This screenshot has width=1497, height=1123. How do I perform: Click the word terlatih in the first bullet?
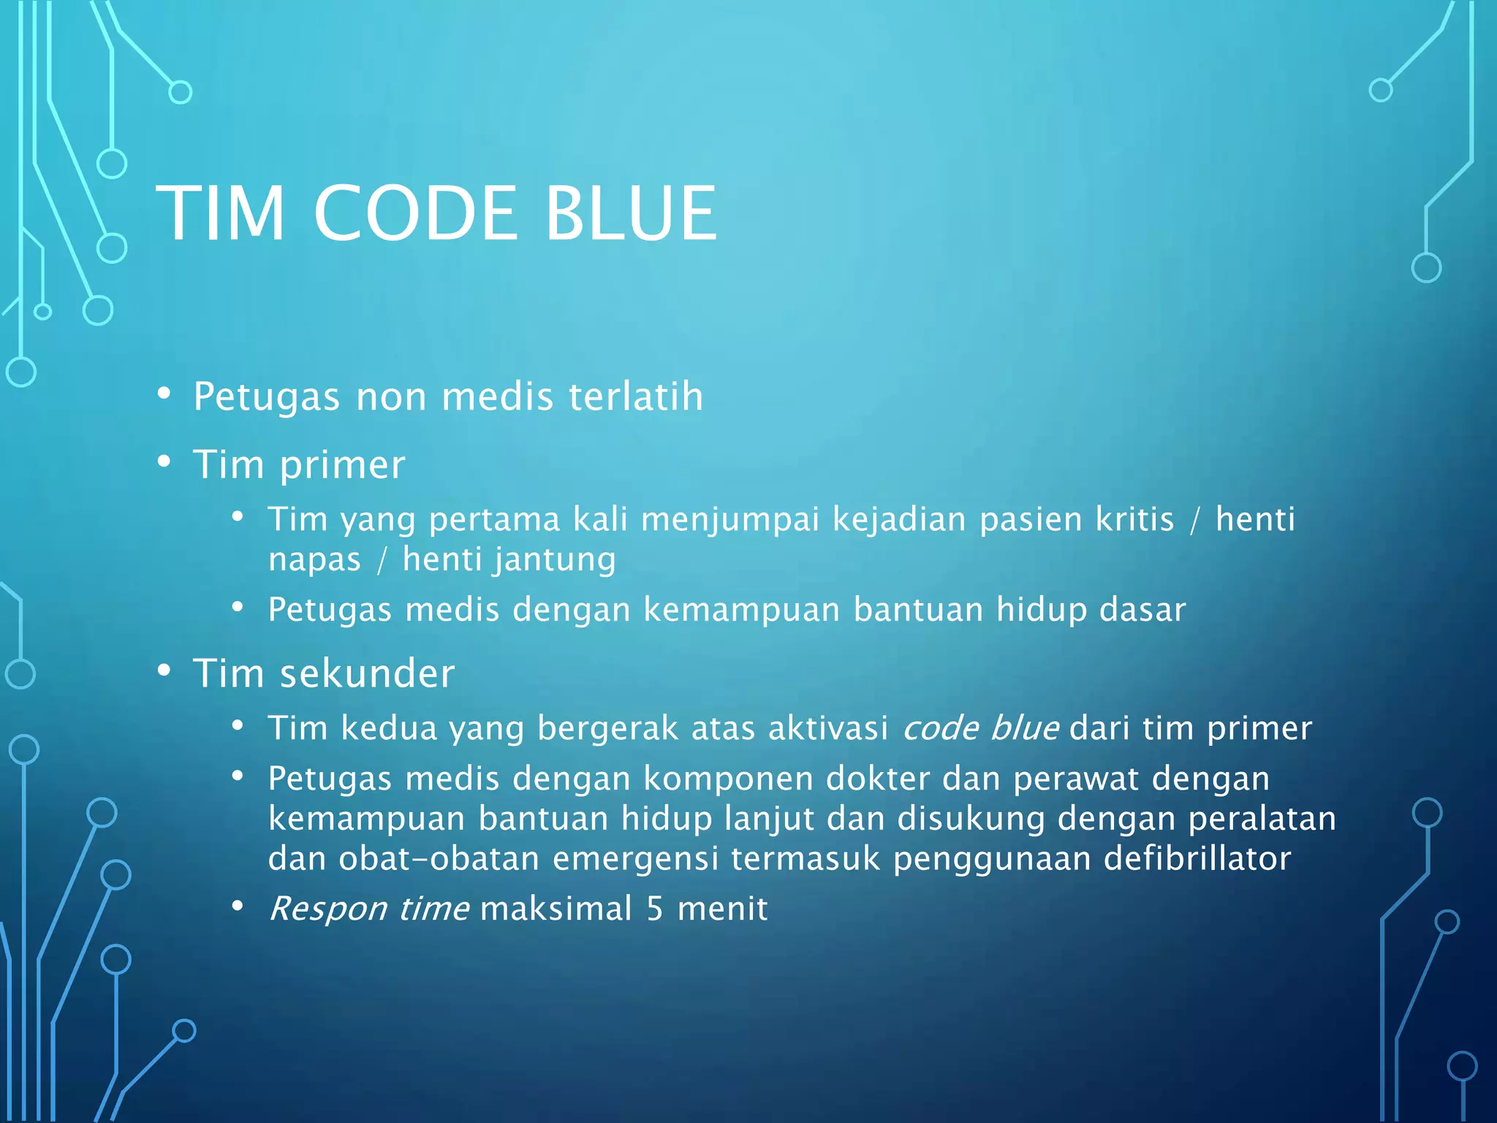(x=635, y=396)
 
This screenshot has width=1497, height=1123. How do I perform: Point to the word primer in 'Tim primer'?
(x=342, y=465)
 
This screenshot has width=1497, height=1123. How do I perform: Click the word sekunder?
(x=367, y=673)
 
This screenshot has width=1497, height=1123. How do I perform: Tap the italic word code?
(x=940, y=728)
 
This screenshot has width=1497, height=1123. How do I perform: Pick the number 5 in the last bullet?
(x=654, y=909)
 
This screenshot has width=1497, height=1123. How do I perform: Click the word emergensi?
(x=635, y=858)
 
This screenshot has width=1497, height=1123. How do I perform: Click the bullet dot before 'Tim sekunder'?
(x=164, y=670)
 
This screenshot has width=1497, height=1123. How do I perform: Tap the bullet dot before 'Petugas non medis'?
(x=164, y=394)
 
